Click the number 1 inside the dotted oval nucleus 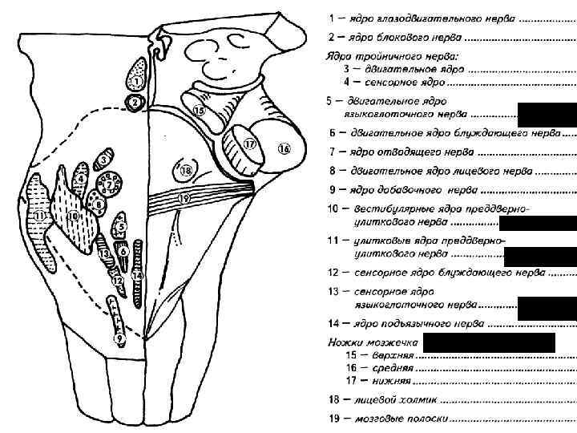[x=137, y=81]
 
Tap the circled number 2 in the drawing [x=135, y=103]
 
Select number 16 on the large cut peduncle [x=284, y=148]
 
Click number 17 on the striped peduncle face [x=248, y=144]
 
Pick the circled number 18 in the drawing [x=186, y=171]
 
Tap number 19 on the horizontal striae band [x=184, y=197]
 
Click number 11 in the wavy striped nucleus [x=40, y=216]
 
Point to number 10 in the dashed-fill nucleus [x=73, y=215]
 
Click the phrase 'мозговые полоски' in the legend [x=402, y=419]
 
